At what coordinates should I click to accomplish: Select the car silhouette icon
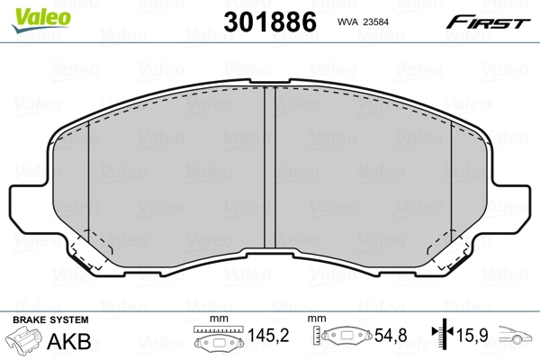point(517,338)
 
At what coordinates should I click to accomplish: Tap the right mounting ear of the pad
point(514,207)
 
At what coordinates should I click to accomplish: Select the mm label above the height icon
point(316,320)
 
